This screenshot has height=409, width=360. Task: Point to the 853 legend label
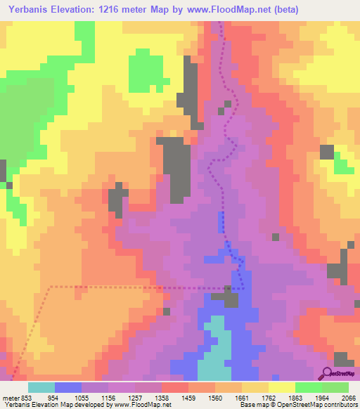[x=25, y=397]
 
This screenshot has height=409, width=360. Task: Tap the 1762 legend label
[x=269, y=397]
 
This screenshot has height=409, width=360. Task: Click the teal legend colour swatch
[x=41, y=387]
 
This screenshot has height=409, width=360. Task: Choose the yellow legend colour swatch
[x=281, y=387]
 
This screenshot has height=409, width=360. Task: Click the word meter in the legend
[x=8, y=397]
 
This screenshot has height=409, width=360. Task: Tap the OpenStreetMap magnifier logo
[x=326, y=373]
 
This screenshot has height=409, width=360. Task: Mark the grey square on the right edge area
[x=327, y=152]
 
